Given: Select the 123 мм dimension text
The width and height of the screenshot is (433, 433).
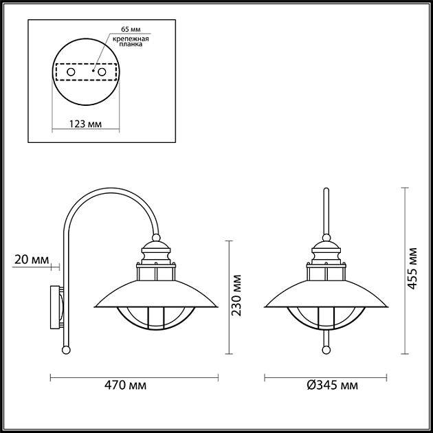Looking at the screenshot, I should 86,124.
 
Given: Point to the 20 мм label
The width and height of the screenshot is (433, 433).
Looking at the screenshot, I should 31,259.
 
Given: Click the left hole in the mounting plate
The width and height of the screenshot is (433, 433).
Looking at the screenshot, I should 69,71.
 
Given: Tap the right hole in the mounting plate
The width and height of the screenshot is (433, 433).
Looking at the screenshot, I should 102,71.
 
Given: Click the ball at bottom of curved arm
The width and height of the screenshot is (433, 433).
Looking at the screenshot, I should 66,350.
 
